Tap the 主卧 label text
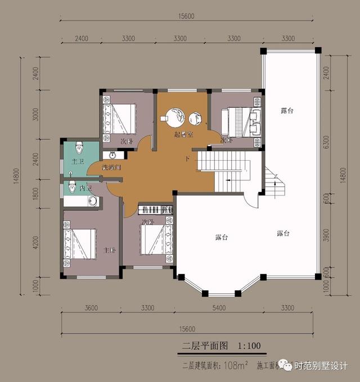tap(109, 249)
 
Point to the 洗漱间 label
tap(111, 167)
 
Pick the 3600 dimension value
tap(91, 308)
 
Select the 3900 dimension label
tap(326, 238)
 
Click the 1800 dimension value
tap(35, 194)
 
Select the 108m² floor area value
tap(236, 366)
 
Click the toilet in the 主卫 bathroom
tap(79, 148)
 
